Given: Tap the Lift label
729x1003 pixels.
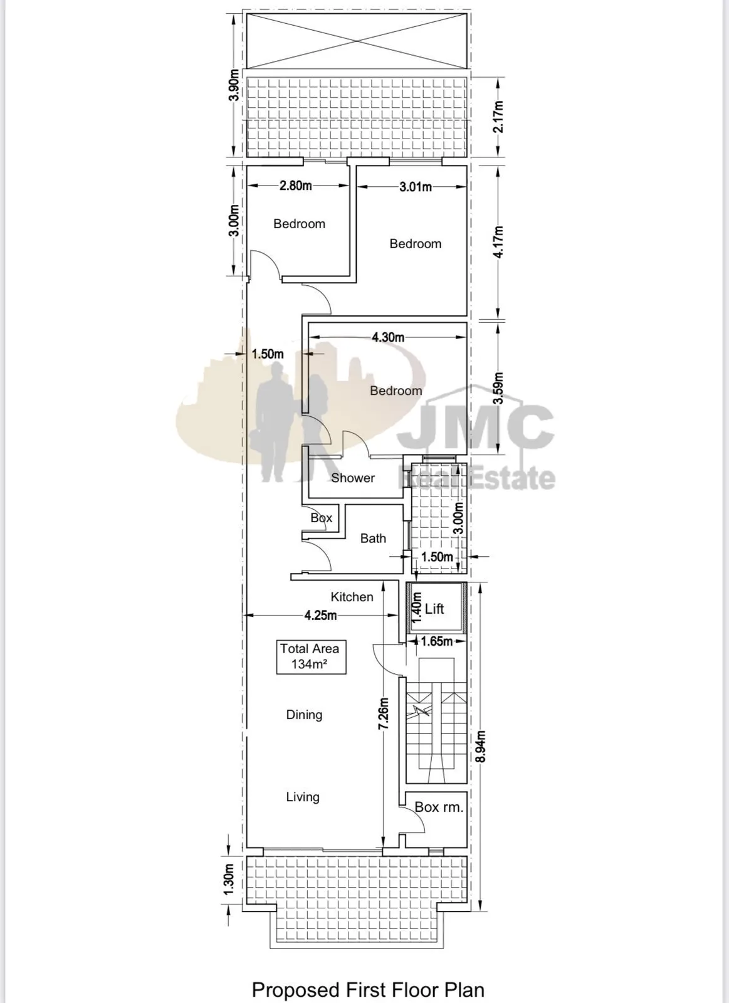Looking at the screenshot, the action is tap(434, 609).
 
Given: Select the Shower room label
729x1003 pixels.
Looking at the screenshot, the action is tap(353, 478).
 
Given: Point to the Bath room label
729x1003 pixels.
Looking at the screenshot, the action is tap(373, 538).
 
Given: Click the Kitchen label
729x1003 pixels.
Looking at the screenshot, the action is tap(352, 597).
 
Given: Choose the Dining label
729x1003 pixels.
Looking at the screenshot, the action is tap(304, 715).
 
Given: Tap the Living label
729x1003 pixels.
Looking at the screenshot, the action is tap(303, 797).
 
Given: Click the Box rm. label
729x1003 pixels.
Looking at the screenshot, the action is tap(439, 807).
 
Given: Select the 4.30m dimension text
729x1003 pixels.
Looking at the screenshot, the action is tap(388, 337).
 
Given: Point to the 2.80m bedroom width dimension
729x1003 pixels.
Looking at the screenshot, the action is tap(295, 186).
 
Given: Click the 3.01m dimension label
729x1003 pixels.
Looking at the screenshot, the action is tap(416, 187).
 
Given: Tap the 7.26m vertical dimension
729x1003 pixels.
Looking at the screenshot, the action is tap(384, 714).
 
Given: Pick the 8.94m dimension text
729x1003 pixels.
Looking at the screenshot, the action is tap(481, 746).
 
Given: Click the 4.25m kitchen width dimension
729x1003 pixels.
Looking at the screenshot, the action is tap(320, 615).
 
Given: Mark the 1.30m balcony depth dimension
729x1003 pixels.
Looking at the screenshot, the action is tap(229, 880).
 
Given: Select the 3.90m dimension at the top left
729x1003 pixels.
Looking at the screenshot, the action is tap(233, 85).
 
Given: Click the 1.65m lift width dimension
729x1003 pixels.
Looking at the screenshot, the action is tap(437, 641).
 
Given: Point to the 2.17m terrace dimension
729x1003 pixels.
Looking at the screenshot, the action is tap(498, 117).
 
